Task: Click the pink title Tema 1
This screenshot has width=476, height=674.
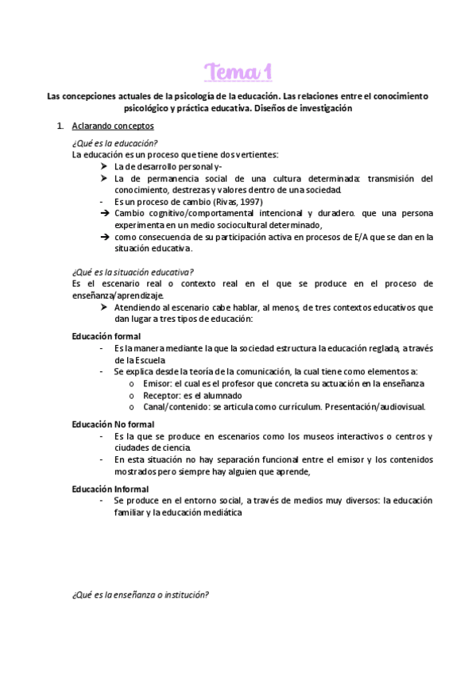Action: pos(238,72)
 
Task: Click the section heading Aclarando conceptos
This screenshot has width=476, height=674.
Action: pos(112,126)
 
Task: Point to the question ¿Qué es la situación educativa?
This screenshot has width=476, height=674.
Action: pos(132,272)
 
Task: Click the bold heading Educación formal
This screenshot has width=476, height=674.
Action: pos(106,336)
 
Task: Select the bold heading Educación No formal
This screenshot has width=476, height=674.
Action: pos(113,424)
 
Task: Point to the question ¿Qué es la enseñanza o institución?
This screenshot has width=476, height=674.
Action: pos(140,595)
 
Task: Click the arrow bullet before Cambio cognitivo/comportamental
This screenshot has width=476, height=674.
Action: pos(104,214)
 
